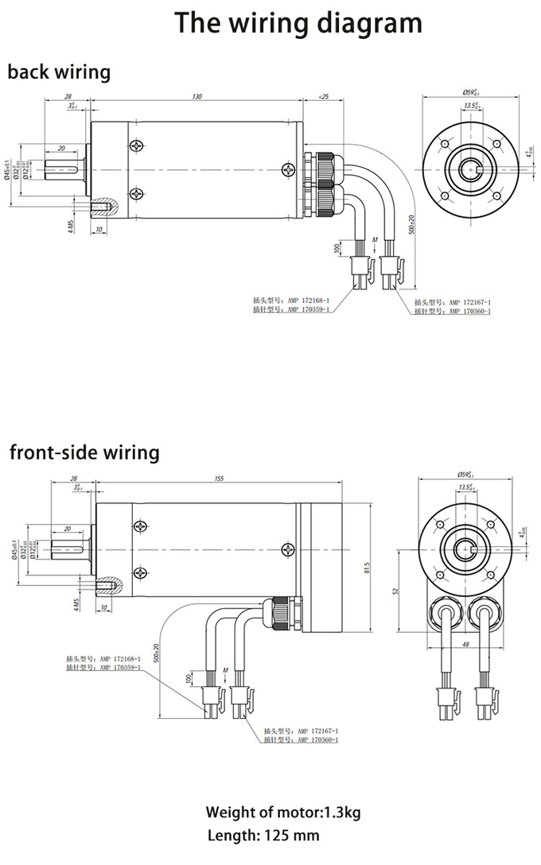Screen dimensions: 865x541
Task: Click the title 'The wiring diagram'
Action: point(299,23)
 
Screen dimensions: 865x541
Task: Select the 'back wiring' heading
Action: point(59,72)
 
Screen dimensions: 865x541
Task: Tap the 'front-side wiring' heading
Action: point(84,453)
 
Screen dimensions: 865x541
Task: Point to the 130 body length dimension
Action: point(197,97)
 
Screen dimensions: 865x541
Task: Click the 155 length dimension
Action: point(220,479)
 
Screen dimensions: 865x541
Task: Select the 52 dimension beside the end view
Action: point(395,592)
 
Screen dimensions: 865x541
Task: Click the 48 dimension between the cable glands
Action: point(465,646)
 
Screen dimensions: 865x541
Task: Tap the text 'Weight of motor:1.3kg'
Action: point(282,812)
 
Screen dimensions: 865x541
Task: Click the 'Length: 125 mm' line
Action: point(263,836)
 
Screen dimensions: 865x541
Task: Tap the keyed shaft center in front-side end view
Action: point(465,549)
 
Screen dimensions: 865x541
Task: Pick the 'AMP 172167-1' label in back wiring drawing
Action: point(469,303)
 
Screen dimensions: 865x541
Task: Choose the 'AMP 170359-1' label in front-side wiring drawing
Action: point(120,668)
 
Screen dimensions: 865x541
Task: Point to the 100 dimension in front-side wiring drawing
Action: point(188,678)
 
